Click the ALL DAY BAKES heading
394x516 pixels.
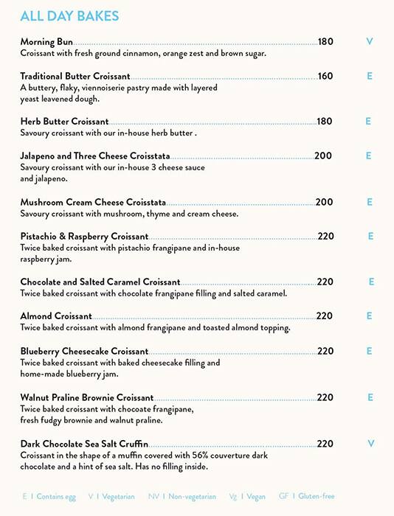pyautogui.click(x=69, y=16)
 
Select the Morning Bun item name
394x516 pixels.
pyautogui.click(x=47, y=42)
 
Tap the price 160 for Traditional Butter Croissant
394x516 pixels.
pyautogui.click(x=325, y=76)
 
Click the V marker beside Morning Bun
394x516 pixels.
pyautogui.click(x=370, y=42)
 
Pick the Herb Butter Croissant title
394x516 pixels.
pyautogui.click(x=64, y=122)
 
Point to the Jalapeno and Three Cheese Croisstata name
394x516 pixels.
pyautogui.click(x=95, y=156)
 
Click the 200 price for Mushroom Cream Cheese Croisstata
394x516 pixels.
pyautogui.click(x=325, y=202)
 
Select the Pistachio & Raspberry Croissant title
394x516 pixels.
pyautogui.click(x=84, y=237)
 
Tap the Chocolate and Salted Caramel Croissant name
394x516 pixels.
pyautogui.click(x=100, y=282)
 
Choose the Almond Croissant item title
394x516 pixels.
pyautogui.click(x=56, y=316)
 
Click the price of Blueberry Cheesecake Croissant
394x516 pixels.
pyautogui.click(x=325, y=351)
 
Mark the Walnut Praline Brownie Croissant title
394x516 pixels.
pyautogui.click(x=87, y=398)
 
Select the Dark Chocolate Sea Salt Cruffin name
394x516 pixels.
pyautogui.click(x=84, y=444)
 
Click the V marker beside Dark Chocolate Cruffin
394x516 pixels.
pyautogui.click(x=370, y=444)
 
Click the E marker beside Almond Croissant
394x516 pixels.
pyautogui.click(x=369, y=316)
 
